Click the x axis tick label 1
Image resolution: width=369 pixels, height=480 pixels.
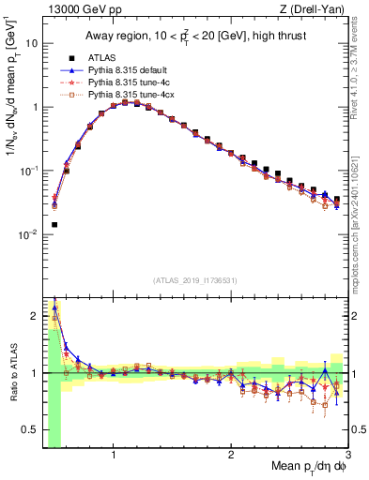pos(114,457)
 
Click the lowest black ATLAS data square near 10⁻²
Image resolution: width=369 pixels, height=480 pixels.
pos(54,225)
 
